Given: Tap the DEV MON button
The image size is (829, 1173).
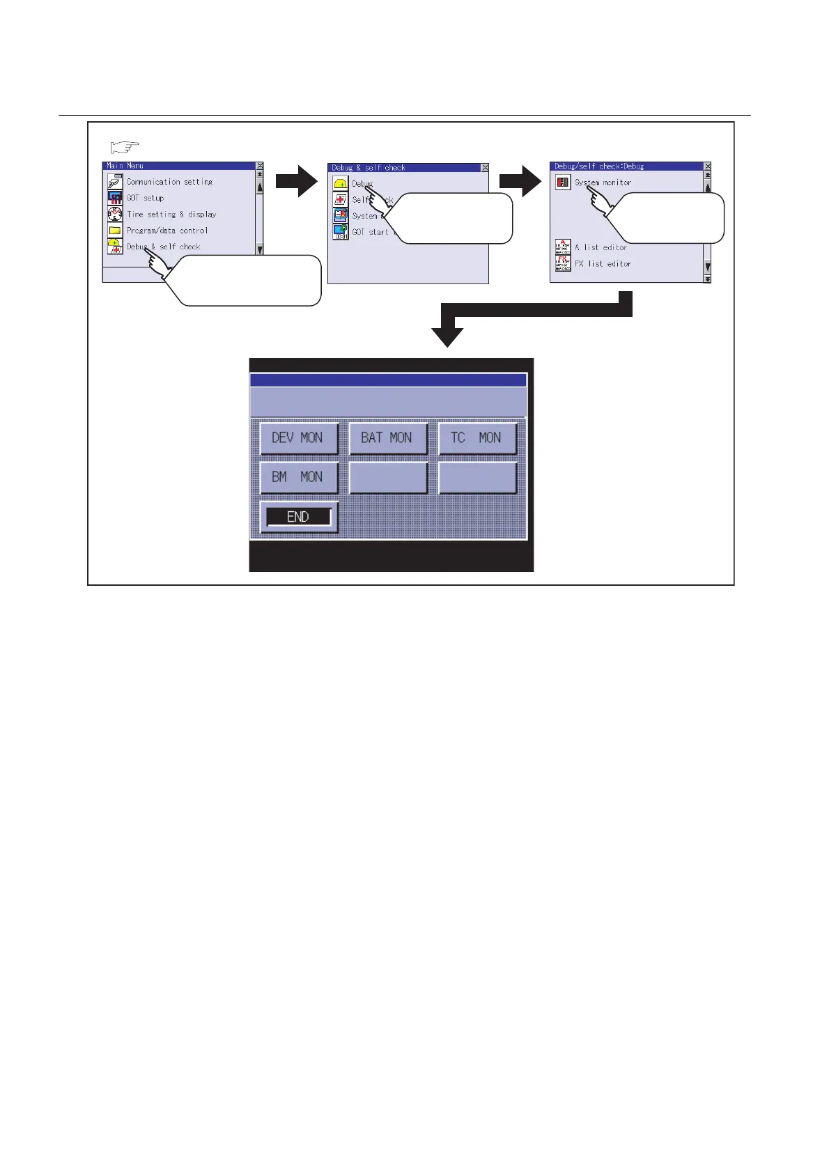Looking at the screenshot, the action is point(299,438).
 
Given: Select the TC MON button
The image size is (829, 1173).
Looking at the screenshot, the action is point(477,438).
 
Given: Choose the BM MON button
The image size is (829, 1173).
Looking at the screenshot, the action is point(299,478).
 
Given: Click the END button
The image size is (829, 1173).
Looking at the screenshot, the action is point(299,517).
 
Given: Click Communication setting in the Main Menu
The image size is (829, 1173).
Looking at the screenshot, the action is point(169,182).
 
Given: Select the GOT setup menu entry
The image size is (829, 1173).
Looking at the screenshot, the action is point(145,198).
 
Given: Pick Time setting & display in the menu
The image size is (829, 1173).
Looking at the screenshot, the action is point(171,215).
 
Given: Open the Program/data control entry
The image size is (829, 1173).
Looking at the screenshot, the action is point(167,231).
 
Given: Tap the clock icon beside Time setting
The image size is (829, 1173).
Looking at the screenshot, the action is point(115,214).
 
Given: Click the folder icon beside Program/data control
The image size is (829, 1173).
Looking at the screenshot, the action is point(115,231).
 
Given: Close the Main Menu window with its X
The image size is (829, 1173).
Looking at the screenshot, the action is point(260,166).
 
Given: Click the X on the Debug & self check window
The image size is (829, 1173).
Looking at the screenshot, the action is point(485,168).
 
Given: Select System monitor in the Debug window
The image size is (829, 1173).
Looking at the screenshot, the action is point(603,182).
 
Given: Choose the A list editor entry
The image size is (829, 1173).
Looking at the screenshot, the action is point(601,247).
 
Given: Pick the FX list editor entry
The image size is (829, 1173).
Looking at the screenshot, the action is point(603,264).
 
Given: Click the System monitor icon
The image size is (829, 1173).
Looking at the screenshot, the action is point(563,182).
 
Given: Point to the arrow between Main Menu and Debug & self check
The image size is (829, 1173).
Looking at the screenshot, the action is point(297,182).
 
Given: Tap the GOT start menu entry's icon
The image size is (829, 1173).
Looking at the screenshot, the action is point(340,232).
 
